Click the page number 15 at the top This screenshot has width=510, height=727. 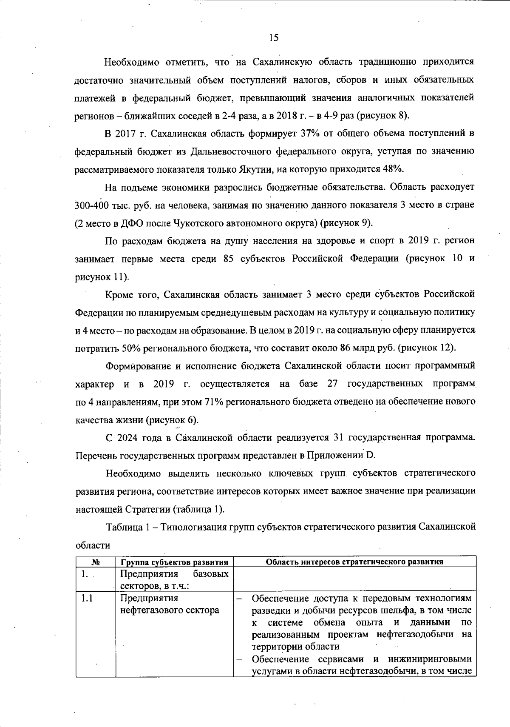pyautogui.click(x=274, y=38)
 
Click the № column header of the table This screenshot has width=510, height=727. pyautogui.click(x=96, y=562)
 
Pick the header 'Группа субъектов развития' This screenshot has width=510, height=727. pyautogui.click(x=174, y=562)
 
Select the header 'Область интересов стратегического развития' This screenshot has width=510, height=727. pyautogui.click(x=354, y=562)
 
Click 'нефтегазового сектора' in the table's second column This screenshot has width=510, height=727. pyautogui.click(x=170, y=610)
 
